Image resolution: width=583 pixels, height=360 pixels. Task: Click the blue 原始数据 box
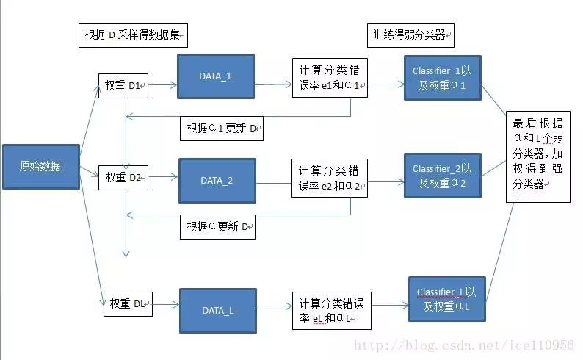point(41,167)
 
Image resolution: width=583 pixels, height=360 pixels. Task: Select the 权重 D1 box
point(124,86)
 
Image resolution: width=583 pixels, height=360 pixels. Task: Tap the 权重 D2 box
point(124,178)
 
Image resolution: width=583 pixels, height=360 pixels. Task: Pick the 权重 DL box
point(128,303)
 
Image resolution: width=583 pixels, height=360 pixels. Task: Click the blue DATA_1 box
point(216,76)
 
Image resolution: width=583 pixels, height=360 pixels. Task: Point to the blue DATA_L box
point(217,310)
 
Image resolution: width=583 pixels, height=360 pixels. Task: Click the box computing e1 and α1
point(330,78)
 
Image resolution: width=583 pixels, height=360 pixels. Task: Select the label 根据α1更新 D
point(222,128)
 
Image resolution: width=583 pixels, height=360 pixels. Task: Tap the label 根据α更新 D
point(218,227)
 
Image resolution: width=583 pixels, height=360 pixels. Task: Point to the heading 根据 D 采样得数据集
point(133,36)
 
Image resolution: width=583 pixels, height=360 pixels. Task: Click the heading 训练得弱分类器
point(410,34)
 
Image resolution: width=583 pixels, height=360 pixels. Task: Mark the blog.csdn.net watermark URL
point(464,345)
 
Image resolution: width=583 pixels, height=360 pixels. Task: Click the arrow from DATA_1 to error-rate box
point(273,84)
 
